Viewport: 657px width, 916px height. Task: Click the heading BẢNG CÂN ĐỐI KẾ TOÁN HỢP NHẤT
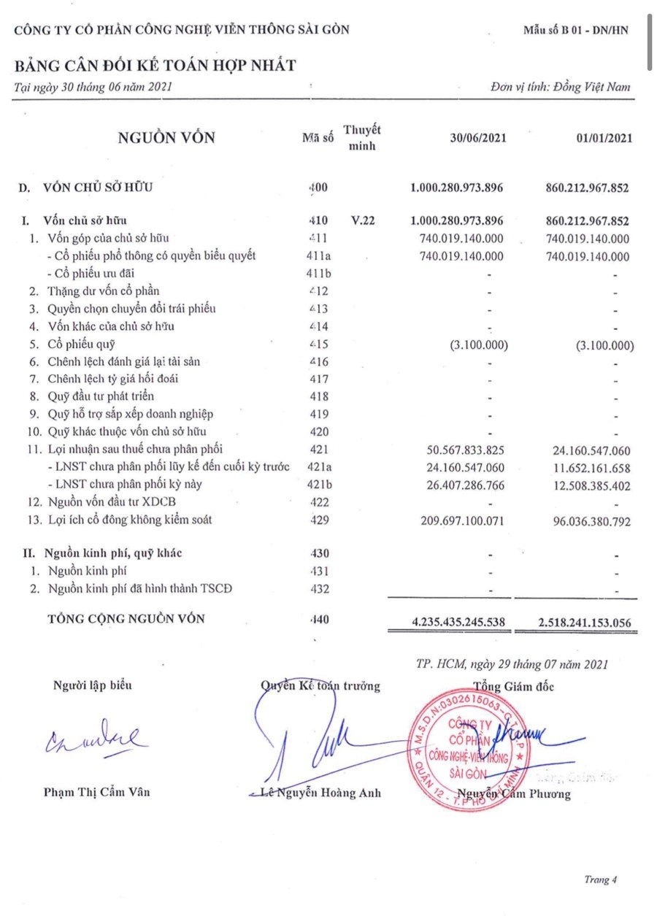tap(155, 66)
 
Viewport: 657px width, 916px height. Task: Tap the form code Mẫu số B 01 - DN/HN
tap(575, 30)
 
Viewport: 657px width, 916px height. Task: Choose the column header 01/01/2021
tap(603, 137)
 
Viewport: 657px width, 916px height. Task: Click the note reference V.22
tap(363, 220)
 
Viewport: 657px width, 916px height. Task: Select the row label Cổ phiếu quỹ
tap(81, 344)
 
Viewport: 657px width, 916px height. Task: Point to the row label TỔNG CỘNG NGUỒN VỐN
tap(126, 619)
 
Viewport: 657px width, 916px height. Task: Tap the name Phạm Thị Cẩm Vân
tap(97, 791)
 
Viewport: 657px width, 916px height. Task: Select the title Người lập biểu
tap(93, 685)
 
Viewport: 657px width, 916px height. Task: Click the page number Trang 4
tap(600, 880)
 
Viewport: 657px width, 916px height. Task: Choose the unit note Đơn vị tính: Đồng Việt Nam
tap(561, 88)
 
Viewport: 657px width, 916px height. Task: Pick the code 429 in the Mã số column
tap(318, 520)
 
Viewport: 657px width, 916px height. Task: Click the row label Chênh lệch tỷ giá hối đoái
tap(113, 379)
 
